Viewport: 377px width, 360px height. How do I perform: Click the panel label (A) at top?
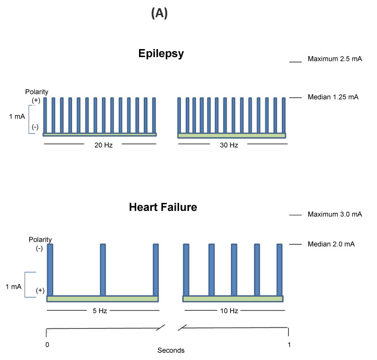(160, 14)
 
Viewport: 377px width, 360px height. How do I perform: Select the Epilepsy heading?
(161, 53)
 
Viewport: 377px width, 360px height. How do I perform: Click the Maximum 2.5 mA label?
(335, 59)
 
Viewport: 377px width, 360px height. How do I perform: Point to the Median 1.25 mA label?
(333, 97)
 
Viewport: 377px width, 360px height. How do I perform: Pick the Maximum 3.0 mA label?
(335, 214)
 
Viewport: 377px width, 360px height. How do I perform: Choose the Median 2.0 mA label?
(331, 244)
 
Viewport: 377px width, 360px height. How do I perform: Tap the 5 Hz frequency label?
(103, 311)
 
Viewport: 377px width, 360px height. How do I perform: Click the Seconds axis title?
(171, 351)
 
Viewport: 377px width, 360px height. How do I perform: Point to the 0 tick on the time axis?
(47, 344)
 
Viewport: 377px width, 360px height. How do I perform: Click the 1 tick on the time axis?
(289, 344)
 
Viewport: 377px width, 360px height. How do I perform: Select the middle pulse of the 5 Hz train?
(103, 270)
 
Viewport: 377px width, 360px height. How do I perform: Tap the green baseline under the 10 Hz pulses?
(232, 299)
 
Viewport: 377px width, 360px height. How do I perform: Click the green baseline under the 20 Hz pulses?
(99, 134)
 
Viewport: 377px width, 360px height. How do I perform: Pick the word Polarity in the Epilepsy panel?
(37, 92)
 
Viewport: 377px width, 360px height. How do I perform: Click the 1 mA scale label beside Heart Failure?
(13, 286)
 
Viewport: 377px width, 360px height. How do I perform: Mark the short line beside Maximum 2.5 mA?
(295, 61)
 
